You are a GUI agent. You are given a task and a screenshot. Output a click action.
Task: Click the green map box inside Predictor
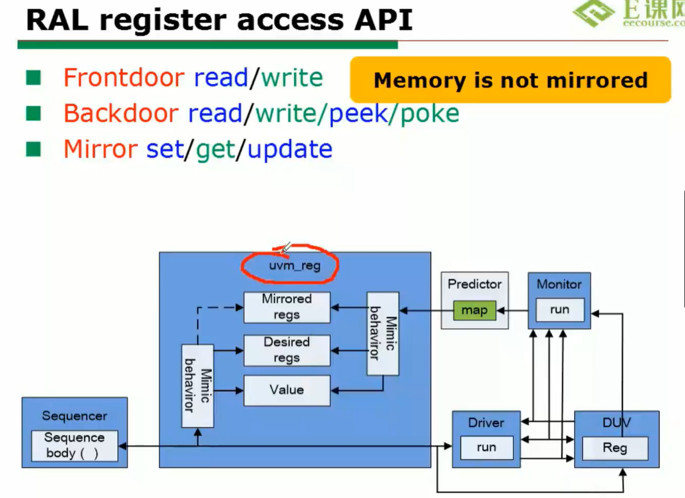coord(474,310)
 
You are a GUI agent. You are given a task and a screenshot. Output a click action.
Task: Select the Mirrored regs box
coord(287,307)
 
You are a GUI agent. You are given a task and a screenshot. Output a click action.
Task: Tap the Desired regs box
coord(287,350)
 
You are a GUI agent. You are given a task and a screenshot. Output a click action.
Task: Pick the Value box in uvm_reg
coord(287,390)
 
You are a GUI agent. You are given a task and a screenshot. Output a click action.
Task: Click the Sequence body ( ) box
coord(75,446)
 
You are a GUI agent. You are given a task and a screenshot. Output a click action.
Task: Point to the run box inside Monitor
coord(559,310)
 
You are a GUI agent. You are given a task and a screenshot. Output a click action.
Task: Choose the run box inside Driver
coord(486,448)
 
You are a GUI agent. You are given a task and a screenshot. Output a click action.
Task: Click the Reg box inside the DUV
coord(615,448)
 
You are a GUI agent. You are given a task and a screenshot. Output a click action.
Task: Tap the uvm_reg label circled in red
coord(294,266)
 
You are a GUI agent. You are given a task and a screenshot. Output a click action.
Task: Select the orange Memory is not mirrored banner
coord(510,80)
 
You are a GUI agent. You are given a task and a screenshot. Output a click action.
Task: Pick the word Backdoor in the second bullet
coord(121,113)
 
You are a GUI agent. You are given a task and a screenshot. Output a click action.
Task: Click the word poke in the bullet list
coord(430,113)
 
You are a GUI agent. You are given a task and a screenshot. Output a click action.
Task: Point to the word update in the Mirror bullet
coord(290,149)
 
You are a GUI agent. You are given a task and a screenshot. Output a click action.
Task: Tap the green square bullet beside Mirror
coord(33,149)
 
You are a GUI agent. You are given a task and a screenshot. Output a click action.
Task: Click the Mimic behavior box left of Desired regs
coord(197,385)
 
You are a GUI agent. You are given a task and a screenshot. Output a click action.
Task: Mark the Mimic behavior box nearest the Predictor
coord(382,333)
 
